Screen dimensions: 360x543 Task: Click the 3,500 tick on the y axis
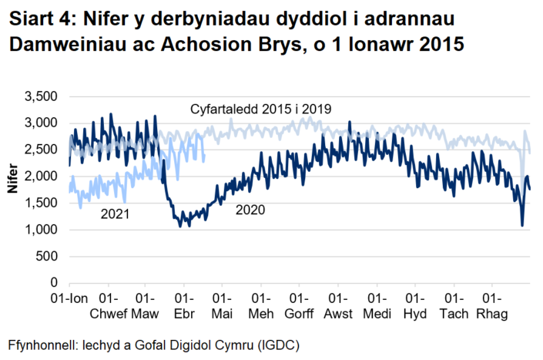(x=42, y=96)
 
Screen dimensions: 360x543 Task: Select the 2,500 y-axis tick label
(x=42, y=150)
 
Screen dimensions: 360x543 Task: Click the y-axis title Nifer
(x=11, y=190)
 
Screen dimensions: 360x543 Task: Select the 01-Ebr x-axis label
(x=185, y=305)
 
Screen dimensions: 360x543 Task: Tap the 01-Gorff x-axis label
(x=299, y=305)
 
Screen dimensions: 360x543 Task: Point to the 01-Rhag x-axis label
(x=493, y=305)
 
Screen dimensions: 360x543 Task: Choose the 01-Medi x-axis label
(x=377, y=305)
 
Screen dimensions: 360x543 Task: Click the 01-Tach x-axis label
(x=454, y=305)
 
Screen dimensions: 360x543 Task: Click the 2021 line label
(x=115, y=214)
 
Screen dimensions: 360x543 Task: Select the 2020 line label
(x=250, y=209)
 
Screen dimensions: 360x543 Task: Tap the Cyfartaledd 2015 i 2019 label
(x=260, y=109)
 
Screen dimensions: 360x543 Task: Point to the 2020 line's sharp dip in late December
(x=522, y=225)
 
